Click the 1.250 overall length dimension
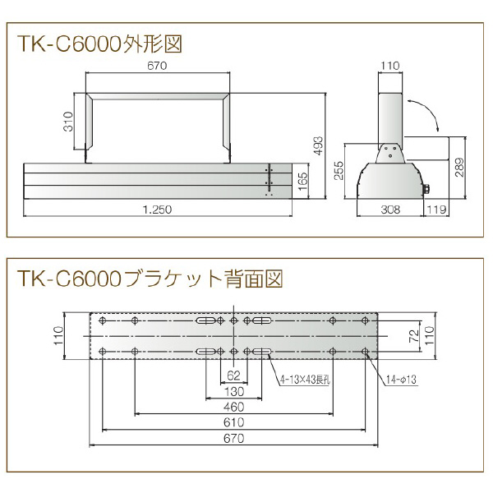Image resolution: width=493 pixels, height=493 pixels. click(157, 210)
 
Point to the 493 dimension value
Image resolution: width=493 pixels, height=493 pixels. click(320, 144)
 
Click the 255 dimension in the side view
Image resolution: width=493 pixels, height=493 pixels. click(338, 169)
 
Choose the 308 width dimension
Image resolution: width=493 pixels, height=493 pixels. click(390, 210)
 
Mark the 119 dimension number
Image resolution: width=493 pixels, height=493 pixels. click(437, 210)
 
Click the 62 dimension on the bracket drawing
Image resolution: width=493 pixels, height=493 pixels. click(233, 375)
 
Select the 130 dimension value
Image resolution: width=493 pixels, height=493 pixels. click(233, 390)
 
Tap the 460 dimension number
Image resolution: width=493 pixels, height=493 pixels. click(233, 407)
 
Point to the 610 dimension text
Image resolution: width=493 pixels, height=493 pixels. click(233, 422)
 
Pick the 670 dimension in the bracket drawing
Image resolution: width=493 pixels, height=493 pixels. click(233, 438)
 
